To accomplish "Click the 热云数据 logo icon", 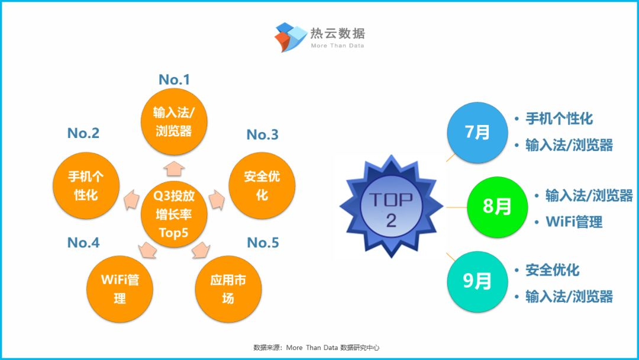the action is [x=291, y=37].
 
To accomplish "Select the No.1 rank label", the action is [x=174, y=79].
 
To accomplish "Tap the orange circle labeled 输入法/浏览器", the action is [x=174, y=121].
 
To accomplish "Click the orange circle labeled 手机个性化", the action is [x=86, y=185].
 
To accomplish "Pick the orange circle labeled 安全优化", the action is [x=262, y=185].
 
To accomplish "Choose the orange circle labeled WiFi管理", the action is [x=120, y=289].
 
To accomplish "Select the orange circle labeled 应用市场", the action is [x=228, y=289].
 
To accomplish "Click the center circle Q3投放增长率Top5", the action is [x=174, y=214].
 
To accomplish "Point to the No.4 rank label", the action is [x=83, y=243].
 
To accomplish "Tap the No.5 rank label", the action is [x=263, y=243].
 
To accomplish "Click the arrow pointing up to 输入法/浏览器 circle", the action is [x=174, y=169].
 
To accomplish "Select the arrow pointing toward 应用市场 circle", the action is [x=200, y=250].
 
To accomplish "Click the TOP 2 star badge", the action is [x=391, y=206].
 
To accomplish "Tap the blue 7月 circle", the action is [x=477, y=133].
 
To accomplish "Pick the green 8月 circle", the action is [x=497, y=207].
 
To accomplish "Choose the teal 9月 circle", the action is [x=477, y=282].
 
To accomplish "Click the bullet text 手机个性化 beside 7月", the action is [x=559, y=118].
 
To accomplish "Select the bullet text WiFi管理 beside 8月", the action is [x=574, y=222].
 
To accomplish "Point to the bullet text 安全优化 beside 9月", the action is [x=552, y=270].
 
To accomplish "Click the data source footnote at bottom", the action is [x=316, y=348].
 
